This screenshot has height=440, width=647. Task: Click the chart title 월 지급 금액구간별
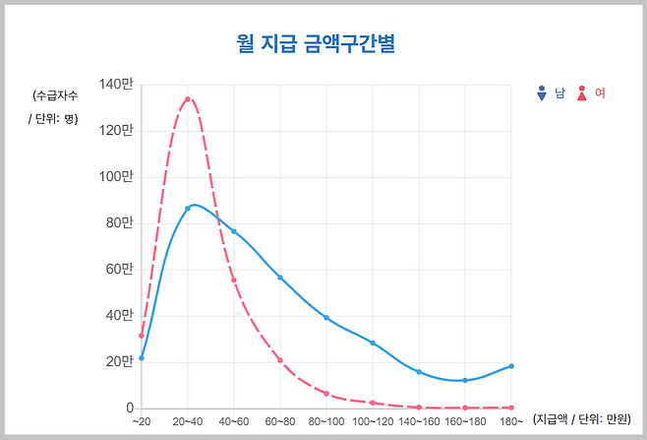[x=323, y=43]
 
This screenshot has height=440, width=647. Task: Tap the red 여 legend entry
[x=591, y=94]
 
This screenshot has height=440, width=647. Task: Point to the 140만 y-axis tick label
[x=116, y=85]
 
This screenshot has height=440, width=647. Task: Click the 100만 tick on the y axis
[x=116, y=177]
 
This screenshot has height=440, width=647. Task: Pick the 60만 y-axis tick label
[x=117, y=270]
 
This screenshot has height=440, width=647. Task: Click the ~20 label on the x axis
[x=142, y=421]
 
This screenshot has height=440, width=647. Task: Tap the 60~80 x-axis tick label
[x=280, y=421]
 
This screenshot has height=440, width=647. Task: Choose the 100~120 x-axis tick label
[x=373, y=421]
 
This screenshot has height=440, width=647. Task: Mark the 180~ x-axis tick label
[x=511, y=421]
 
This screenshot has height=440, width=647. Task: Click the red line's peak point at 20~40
[x=188, y=99]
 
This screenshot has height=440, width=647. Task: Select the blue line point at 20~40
[x=188, y=209]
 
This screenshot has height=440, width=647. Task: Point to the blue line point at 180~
[x=511, y=366]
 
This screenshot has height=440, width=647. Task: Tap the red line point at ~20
[x=142, y=336]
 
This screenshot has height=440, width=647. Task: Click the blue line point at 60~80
[x=280, y=278]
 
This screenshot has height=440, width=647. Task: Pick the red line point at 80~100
[x=326, y=394]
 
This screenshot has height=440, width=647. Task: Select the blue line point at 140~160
[x=419, y=372]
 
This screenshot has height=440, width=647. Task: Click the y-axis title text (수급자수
[x=55, y=95]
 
